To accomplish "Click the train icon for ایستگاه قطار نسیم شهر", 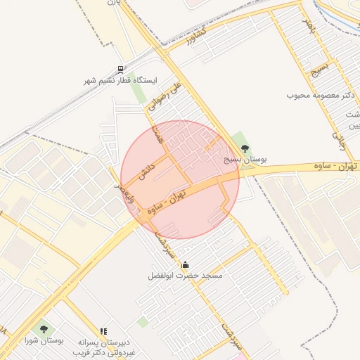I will [x=121, y=70].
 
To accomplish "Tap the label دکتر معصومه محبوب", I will [x=319, y=95].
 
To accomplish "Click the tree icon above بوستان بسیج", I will [x=245, y=148].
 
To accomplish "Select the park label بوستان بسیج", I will [x=245, y=160].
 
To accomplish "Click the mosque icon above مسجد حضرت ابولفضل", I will [x=185, y=264].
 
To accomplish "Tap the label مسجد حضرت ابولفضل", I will [x=186, y=276].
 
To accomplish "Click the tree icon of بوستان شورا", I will [x=44, y=328].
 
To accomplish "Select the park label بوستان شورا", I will [x=44, y=340].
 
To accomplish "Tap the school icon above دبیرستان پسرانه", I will [x=103, y=330].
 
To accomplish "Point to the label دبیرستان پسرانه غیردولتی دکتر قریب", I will [x=107, y=346].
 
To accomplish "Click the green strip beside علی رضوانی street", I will [x=138, y=92].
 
